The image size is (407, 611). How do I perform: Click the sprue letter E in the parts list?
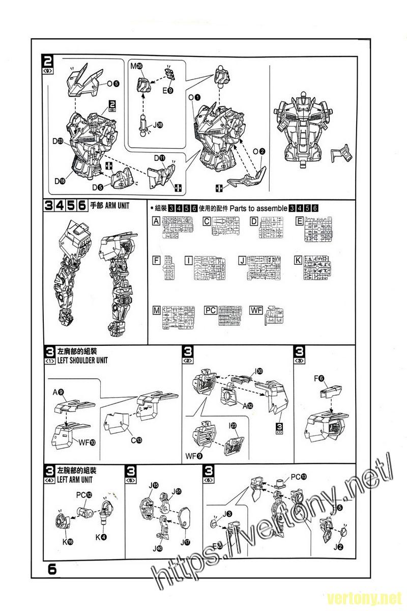[x=300, y=220]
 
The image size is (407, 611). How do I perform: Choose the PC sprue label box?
[x=210, y=310]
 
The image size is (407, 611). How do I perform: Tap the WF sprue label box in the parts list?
[x=256, y=310]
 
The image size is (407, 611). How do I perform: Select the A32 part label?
[x=248, y=405]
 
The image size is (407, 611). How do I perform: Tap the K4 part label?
[x=101, y=537]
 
